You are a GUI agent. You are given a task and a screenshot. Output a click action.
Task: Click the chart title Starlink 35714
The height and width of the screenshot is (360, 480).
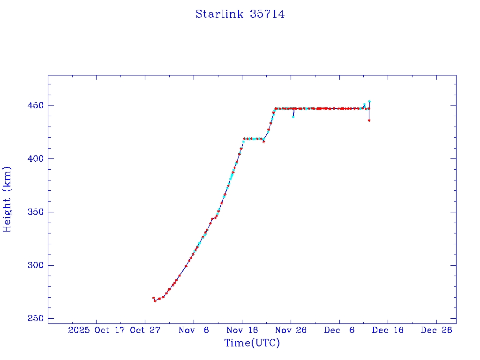pos(240,15)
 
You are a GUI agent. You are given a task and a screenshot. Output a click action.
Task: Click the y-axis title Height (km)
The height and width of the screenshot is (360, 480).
pos(7,199)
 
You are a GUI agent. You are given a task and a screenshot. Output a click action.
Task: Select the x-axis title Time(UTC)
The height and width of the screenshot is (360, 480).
pos(252,343)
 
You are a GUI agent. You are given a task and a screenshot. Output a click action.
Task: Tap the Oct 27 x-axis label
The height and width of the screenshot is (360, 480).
pos(145,330)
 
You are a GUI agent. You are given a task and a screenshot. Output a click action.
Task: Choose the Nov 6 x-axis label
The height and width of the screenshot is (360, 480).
pos(194,330)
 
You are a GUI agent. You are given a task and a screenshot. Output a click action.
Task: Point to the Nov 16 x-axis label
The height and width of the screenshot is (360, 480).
pos(242,330)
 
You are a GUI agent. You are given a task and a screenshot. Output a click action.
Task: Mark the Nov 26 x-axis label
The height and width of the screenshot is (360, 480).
pos(291,330)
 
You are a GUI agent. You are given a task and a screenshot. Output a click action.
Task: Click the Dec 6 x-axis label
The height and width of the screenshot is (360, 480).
pos(339,330)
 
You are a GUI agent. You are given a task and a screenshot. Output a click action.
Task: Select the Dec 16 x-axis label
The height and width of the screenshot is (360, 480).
pos(388,330)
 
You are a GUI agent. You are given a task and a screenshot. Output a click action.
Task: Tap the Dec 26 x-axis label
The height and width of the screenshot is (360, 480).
pos(436,330)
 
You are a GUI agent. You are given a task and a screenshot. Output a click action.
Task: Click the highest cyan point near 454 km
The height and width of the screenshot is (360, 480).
pos(369,101)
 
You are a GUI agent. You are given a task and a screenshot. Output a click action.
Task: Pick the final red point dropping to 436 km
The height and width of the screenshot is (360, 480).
pos(369,120)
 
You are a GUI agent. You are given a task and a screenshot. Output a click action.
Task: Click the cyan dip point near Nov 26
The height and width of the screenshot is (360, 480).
pos(293,117)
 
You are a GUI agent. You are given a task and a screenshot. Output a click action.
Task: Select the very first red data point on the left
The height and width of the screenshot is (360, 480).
pos(153,298)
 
